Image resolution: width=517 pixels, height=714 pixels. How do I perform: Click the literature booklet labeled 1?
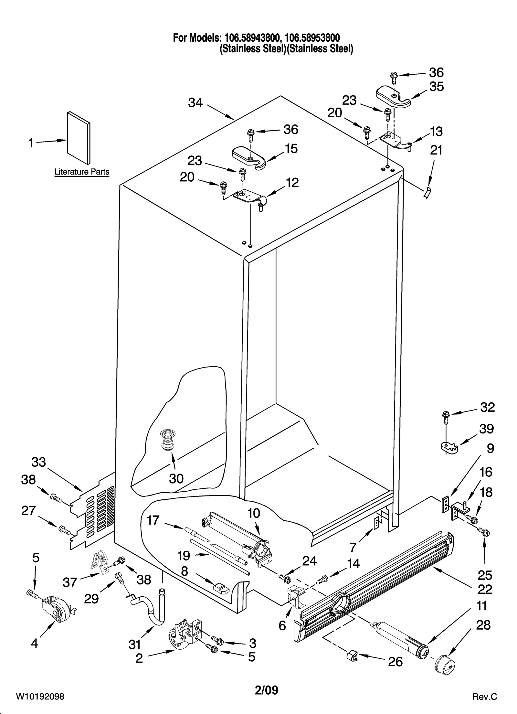[79, 138]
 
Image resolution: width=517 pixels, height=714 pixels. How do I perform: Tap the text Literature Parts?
[82, 172]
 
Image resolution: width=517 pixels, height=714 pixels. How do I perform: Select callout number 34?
[195, 103]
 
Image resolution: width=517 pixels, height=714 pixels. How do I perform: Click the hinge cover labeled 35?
[393, 97]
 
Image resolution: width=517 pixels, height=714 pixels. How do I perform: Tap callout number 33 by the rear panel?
[38, 462]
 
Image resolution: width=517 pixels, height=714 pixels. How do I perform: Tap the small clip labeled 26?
[352, 656]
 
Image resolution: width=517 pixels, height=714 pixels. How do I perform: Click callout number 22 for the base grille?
[485, 589]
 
